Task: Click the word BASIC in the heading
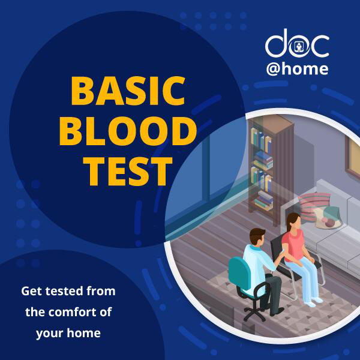(x=128, y=91)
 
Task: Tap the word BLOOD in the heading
(x=128, y=131)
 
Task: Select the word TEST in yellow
(x=128, y=171)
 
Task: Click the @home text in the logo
(x=297, y=68)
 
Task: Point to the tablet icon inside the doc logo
(x=298, y=47)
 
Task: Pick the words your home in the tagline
(x=68, y=334)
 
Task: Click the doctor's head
(x=257, y=237)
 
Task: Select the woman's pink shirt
(x=293, y=245)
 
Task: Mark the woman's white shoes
(x=313, y=301)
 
